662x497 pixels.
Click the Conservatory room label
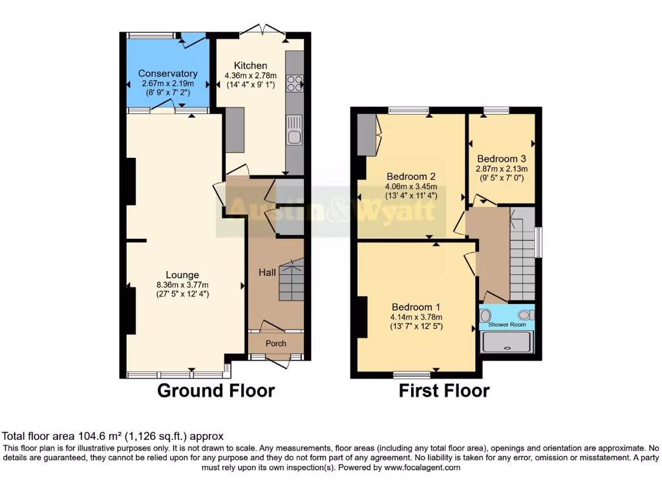(167, 74)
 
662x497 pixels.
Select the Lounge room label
(182, 275)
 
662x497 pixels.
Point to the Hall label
(267, 273)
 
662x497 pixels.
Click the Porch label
(276, 343)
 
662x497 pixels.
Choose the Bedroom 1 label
(416, 307)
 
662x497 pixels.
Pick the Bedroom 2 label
(411, 176)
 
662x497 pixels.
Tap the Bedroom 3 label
(501, 159)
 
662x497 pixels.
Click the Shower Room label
(507, 325)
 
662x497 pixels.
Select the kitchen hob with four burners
(295, 83)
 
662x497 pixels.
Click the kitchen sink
(294, 137)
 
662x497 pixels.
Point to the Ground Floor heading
(216, 391)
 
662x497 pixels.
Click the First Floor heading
(443, 391)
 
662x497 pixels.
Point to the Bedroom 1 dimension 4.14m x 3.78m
(416, 317)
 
